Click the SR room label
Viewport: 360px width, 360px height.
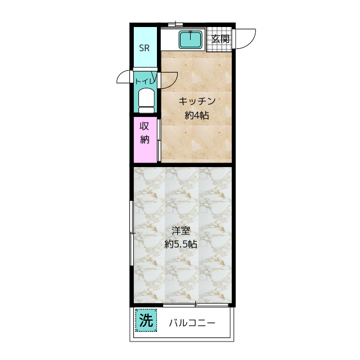[x=144, y=48]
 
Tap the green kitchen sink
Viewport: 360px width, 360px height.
[x=191, y=40]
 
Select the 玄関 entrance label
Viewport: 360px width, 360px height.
[x=220, y=39]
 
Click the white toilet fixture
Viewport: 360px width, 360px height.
[x=146, y=101]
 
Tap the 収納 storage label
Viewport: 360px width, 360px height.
[x=145, y=133]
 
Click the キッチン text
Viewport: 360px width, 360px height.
[x=197, y=101]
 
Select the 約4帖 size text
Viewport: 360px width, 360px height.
[x=197, y=115]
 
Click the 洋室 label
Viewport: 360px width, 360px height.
[x=181, y=231]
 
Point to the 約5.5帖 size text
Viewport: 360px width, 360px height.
[x=181, y=244]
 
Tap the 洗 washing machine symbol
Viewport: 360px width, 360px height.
[x=146, y=320]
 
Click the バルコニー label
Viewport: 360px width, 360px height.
[x=192, y=323]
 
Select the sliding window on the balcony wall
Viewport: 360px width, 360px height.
[x=196, y=305]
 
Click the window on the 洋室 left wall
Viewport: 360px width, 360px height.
[x=132, y=233]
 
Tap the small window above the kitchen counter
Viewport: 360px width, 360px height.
[x=175, y=24]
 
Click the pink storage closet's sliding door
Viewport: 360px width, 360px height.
[x=159, y=140]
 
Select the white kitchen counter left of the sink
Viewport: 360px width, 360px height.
[x=170, y=39]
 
